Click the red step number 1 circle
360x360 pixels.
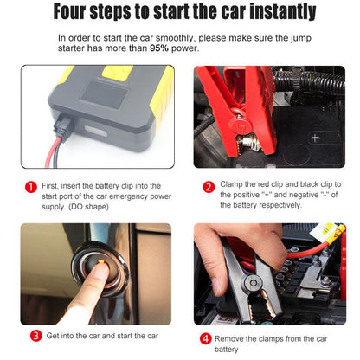(x=31, y=187)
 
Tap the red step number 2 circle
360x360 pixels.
(x=209, y=187)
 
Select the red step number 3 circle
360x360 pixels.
(x=36, y=336)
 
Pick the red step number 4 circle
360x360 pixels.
(x=205, y=338)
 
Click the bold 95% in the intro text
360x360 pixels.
(x=159, y=48)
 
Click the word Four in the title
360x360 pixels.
(x=69, y=11)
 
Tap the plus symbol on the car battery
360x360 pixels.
(x=315, y=138)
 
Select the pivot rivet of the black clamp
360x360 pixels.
(x=253, y=283)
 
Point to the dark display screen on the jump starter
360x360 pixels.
(x=105, y=94)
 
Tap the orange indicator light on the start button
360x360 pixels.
(x=101, y=262)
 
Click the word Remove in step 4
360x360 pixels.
(x=228, y=338)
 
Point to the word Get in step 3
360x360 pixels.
(x=53, y=336)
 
